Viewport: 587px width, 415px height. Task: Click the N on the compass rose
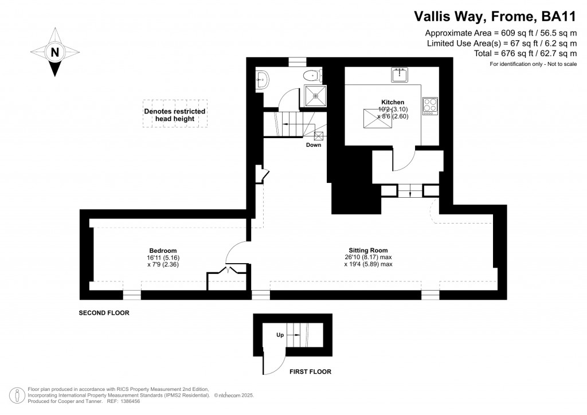(x=55, y=52)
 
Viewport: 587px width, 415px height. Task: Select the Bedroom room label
(x=163, y=250)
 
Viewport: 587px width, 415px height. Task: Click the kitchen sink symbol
(x=400, y=75)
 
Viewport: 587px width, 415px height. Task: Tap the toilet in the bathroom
(x=312, y=75)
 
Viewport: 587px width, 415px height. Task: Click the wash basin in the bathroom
(x=263, y=80)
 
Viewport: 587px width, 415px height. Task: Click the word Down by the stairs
(x=314, y=145)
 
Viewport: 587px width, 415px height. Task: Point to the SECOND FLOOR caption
(x=104, y=314)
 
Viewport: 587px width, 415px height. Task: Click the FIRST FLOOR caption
(x=310, y=371)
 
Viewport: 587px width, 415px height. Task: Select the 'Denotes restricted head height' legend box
(x=175, y=115)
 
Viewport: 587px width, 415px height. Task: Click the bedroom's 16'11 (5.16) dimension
(x=163, y=258)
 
